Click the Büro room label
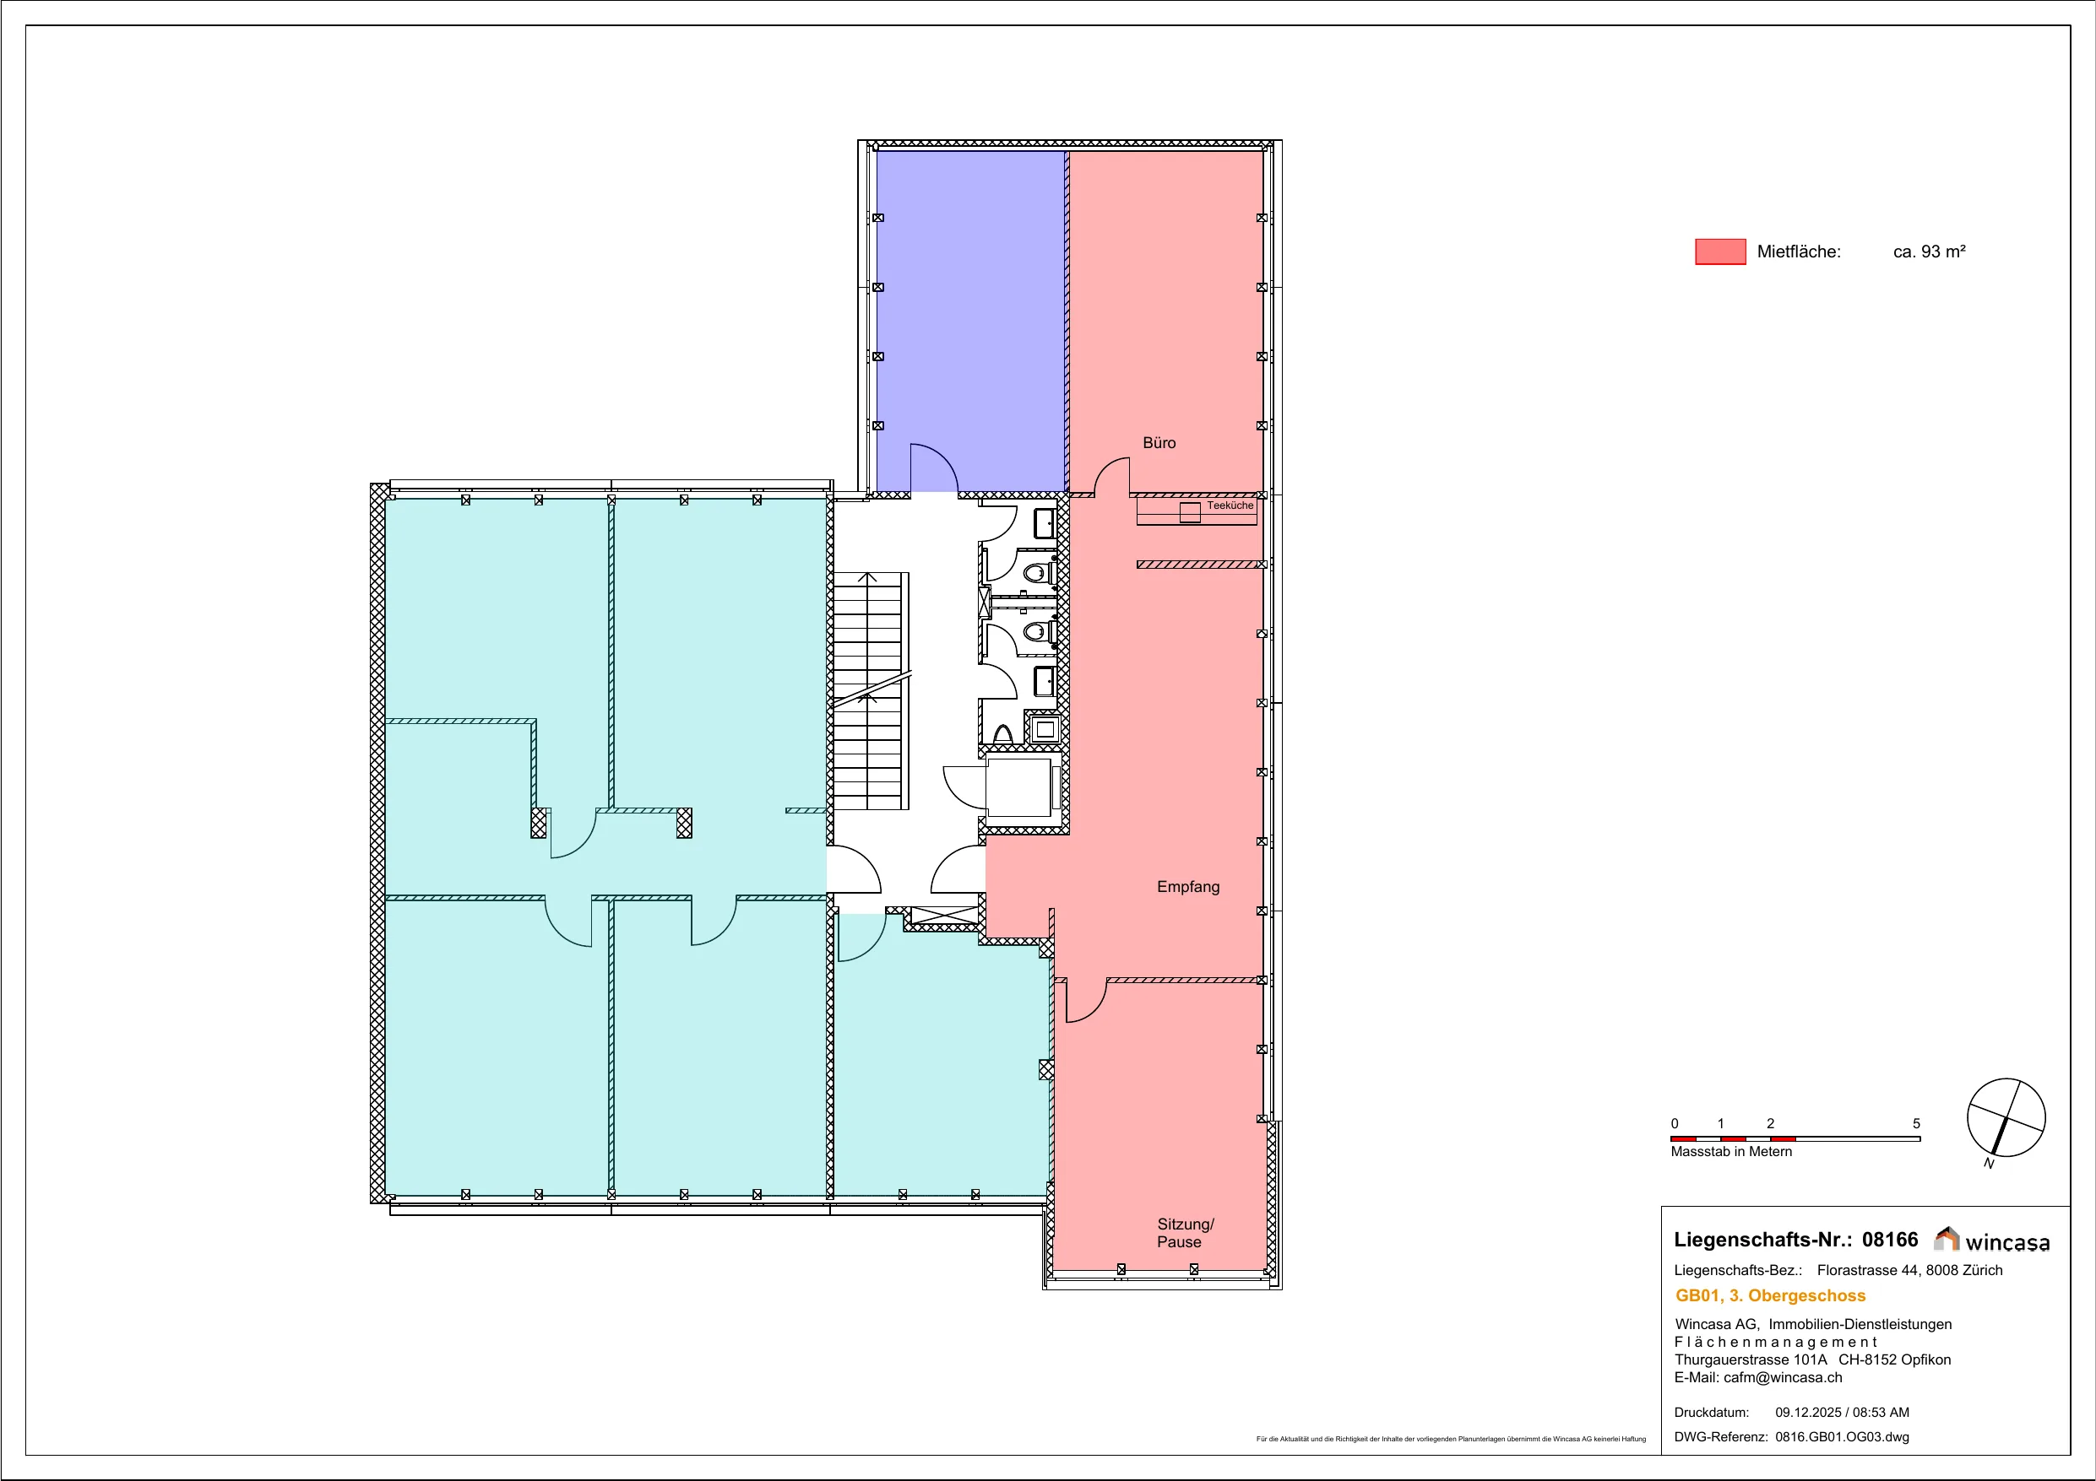pos(1159,442)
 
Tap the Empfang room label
pos(1187,886)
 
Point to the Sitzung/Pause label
pos(1185,1233)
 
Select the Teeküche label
pos(1230,505)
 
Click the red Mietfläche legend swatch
pos(1720,251)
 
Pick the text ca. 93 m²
pos(1929,251)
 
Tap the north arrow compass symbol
pos(2006,1119)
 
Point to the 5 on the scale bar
pos(1916,1123)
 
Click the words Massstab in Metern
pos(1731,1152)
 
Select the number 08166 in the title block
pos(1890,1239)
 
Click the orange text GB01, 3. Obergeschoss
pos(1770,1295)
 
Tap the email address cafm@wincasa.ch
pos(1783,1378)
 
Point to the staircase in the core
pos(870,691)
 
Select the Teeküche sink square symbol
pos(1190,513)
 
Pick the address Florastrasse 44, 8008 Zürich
pos(1909,1270)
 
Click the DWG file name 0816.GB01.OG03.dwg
pos(1841,1437)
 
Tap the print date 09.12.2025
pos(1808,1413)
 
